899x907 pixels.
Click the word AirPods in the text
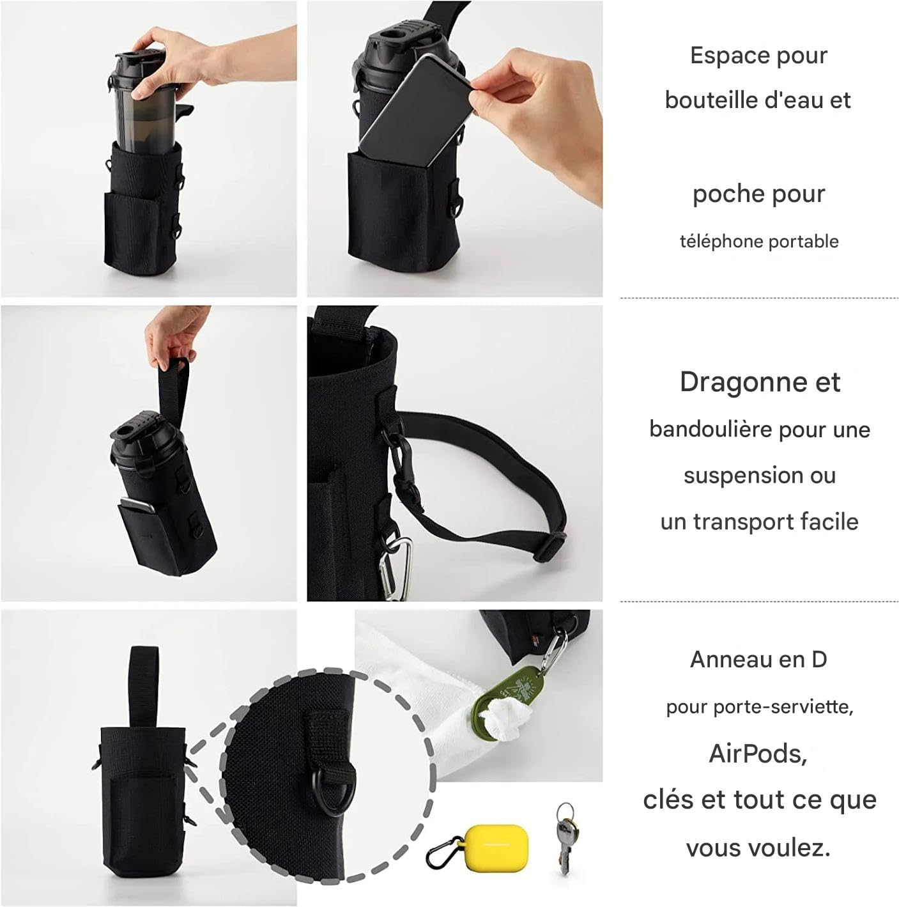pos(758,754)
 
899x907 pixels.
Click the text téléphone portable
pos(758,242)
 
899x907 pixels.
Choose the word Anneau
pos(727,659)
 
